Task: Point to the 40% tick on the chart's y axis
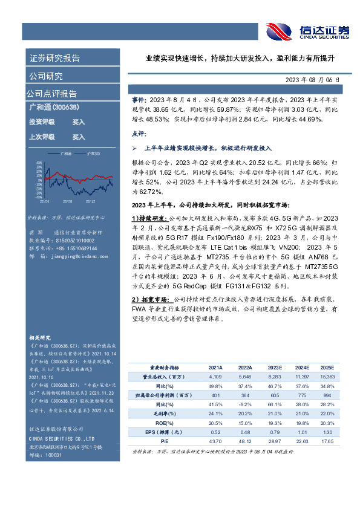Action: (39, 163)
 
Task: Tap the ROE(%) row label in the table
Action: (160, 423)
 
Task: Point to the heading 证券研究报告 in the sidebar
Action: (54, 59)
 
